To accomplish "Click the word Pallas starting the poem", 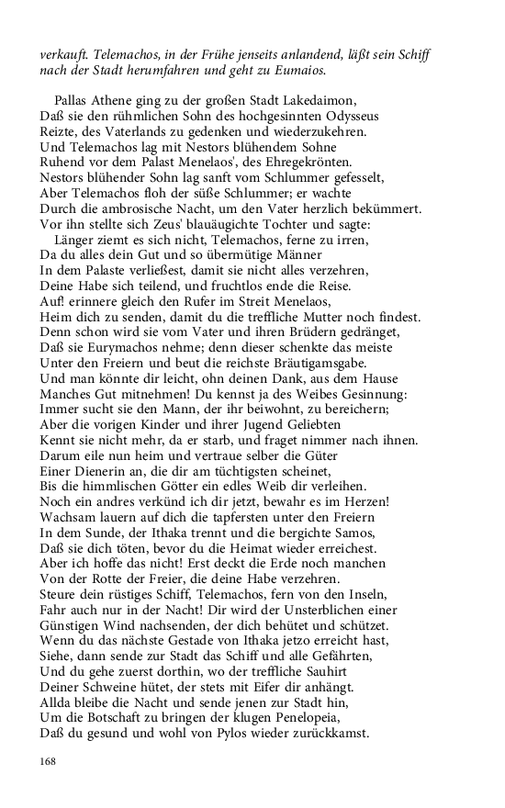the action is click(x=73, y=100).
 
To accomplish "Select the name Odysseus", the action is click(x=347, y=116).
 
